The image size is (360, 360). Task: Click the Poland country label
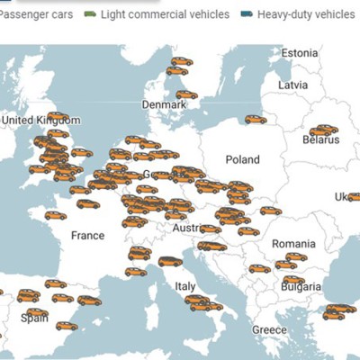(242, 159)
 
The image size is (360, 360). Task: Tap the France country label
(88, 235)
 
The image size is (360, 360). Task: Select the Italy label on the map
(184, 285)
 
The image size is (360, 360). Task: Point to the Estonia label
(300, 53)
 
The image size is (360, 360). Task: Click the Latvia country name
(293, 85)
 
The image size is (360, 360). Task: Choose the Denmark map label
(164, 105)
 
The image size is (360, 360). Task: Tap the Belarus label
(321, 140)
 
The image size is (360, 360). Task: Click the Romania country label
(294, 244)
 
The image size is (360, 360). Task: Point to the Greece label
(269, 329)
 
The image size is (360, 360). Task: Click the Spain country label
(35, 317)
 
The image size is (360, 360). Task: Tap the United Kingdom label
(41, 120)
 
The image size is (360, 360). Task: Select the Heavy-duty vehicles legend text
(305, 14)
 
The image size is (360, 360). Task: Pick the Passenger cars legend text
(35, 14)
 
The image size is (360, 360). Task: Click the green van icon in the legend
(90, 14)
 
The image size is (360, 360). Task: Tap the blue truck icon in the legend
(247, 14)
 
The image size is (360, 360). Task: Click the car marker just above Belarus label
(323, 130)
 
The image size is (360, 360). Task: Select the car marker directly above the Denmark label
(186, 94)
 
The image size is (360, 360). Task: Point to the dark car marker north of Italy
(170, 262)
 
